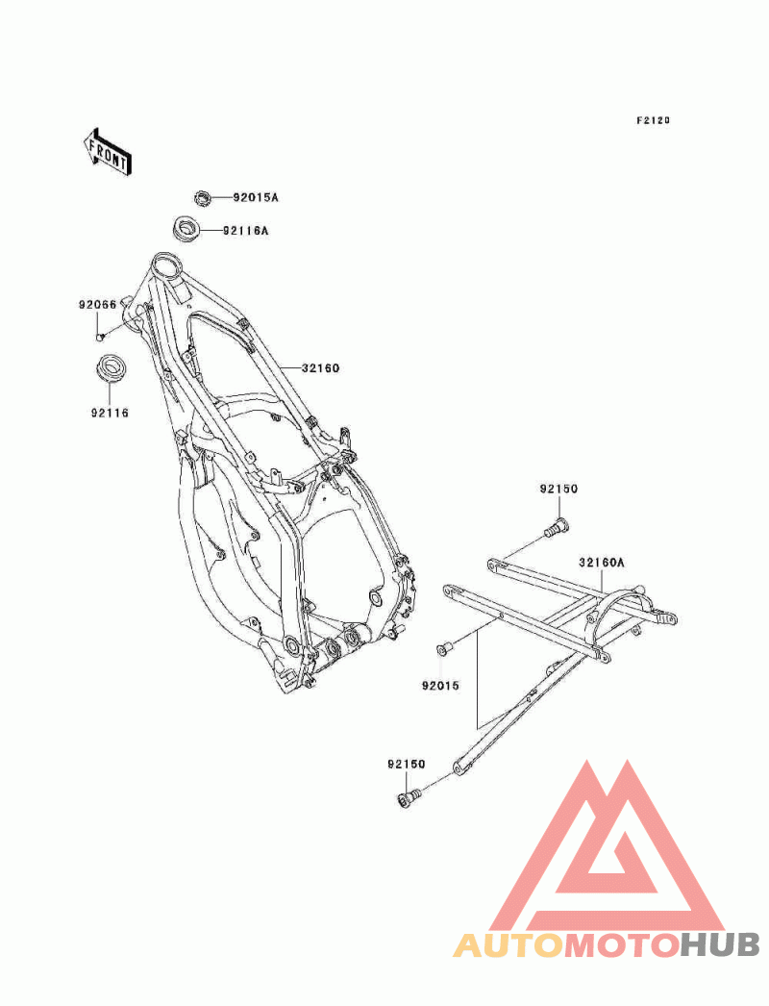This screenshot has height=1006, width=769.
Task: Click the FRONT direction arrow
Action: tap(107, 150)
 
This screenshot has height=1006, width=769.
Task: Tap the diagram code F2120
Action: tap(652, 121)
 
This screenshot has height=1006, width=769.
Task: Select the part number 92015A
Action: tap(255, 198)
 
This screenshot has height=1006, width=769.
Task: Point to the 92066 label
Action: tap(97, 305)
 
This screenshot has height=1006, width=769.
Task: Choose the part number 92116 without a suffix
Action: tap(110, 413)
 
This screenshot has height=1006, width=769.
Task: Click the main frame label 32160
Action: tap(321, 367)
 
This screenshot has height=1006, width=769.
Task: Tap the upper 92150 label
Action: tap(558, 489)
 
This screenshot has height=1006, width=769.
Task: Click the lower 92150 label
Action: tap(407, 765)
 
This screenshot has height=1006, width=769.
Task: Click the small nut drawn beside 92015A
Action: tap(202, 198)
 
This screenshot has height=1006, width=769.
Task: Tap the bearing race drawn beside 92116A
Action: tap(185, 230)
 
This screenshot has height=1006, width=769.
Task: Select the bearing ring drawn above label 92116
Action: tap(112, 368)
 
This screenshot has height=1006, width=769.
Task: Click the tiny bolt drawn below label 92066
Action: tap(99, 337)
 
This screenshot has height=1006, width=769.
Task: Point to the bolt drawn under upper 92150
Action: tap(557, 525)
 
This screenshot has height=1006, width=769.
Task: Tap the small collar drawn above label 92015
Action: tap(444, 649)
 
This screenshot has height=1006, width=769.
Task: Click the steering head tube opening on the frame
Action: tap(166, 264)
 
